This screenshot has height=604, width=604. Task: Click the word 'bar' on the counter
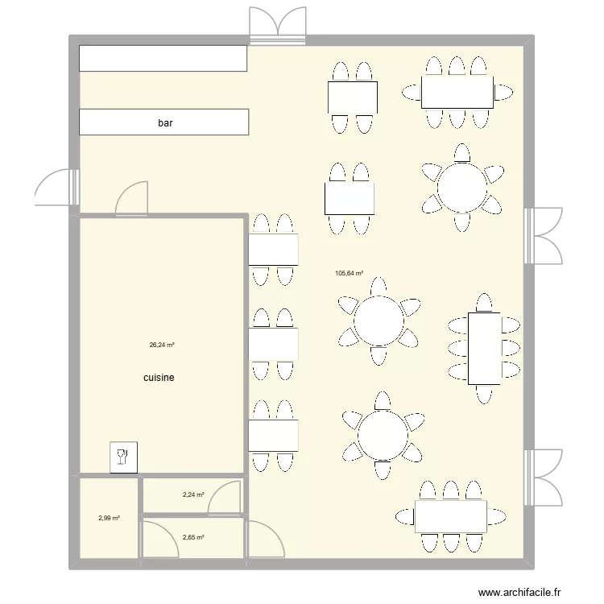pos(165,123)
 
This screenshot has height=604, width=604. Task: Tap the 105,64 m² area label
pos(349,273)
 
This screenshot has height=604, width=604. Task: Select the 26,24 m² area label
pos(162,345)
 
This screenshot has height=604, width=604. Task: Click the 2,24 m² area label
pos(192,495)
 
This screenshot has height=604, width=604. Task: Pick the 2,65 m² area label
pos(192,537)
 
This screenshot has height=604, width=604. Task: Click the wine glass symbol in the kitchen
pos(123,457)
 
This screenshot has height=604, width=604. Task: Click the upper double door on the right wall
pos(544,234)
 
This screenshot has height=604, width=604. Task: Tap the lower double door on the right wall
pos(544,475)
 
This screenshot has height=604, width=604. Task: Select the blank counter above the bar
pos(163,58)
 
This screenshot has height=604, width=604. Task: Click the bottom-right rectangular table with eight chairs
pos(450,516)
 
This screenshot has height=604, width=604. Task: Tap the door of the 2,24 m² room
pos(225,498)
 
